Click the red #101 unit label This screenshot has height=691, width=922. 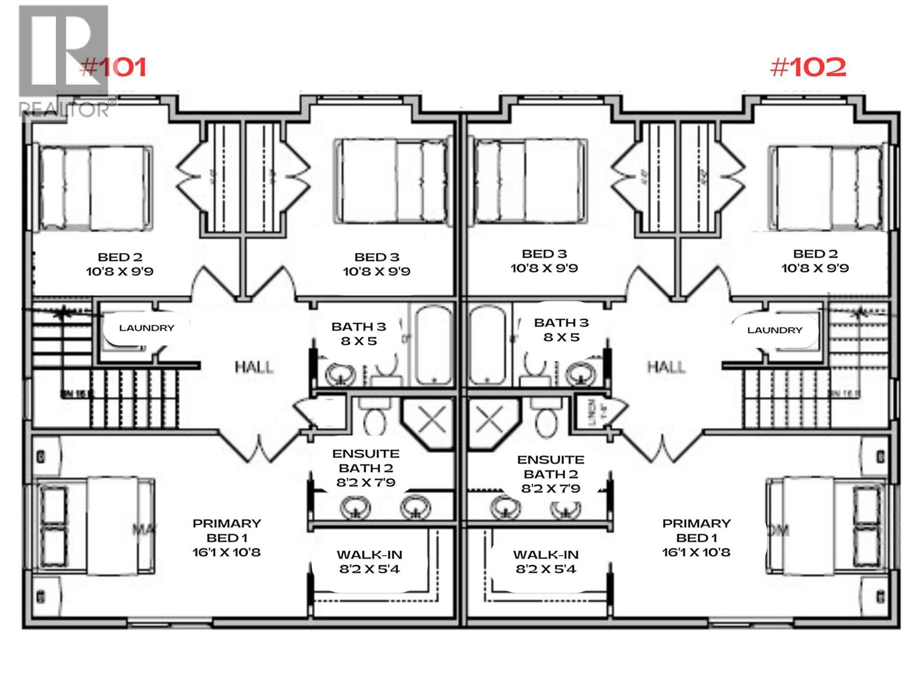coord(113,67)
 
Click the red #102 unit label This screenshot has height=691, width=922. coord(808,68)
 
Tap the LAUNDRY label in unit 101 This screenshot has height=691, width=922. coord(146,328)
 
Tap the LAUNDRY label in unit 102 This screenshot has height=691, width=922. coord(774,330)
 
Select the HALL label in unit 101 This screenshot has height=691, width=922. coord(254,367)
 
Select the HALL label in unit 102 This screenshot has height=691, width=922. coord(666,367)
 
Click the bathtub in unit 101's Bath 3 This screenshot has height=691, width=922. coord(435,345)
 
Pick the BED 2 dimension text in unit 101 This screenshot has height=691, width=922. coord(120,271)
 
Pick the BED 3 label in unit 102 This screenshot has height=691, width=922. coord(544,254)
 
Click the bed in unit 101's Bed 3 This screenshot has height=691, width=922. coord(391,181)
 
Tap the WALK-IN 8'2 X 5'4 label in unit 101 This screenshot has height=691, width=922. coord(369,562)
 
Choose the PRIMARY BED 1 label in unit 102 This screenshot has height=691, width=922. coord(696,538)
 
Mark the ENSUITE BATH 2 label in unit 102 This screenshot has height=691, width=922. coord(550,474)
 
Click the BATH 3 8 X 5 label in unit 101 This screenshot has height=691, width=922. coord(358,334)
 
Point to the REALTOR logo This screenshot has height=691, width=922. coord(63,60)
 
